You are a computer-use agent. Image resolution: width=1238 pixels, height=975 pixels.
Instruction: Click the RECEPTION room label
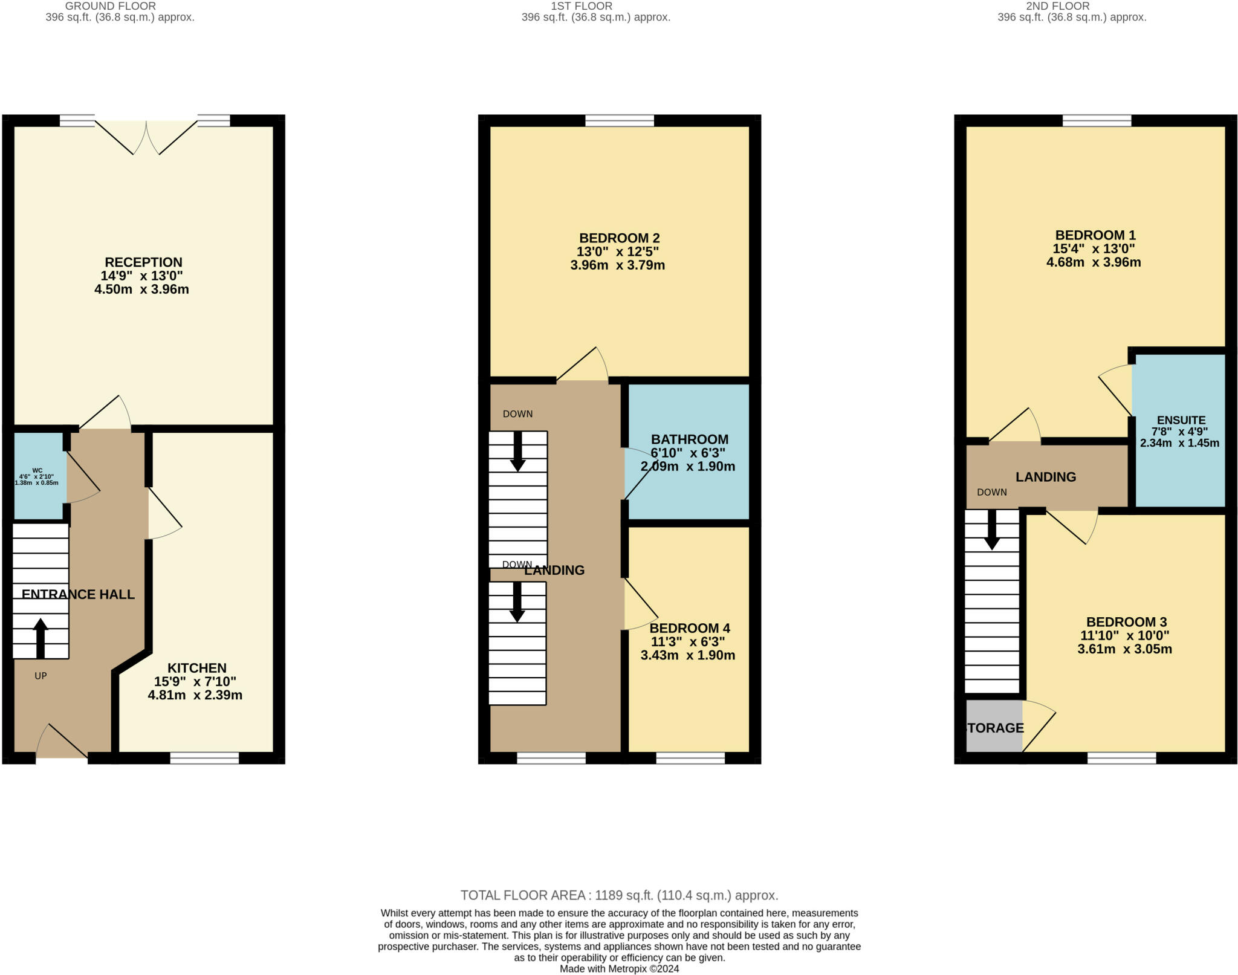pos(143,262)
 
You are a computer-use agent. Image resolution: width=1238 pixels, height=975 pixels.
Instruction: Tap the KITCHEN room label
pos(196,668)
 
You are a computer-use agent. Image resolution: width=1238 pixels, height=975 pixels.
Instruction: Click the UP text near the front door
pos(41,676)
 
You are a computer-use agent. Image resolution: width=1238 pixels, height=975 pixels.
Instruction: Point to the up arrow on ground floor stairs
pos(41,638)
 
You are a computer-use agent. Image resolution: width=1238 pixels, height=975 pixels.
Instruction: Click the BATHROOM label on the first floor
pos(689,439)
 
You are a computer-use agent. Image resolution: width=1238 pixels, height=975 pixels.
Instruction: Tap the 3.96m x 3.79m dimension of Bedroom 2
pos(617,265)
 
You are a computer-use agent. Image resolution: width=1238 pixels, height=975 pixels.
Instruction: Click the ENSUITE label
pos(1181,420)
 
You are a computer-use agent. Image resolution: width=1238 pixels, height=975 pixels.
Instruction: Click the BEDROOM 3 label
pos(1126,622)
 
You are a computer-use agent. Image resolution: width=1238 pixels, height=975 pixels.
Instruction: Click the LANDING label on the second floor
pos(1045,477)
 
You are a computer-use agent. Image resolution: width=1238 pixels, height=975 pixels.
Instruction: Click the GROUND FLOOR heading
pos(111,6)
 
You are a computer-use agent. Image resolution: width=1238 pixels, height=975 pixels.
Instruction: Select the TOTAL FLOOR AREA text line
pos(619,895)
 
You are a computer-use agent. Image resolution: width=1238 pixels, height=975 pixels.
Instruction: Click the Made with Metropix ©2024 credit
pos(619,969)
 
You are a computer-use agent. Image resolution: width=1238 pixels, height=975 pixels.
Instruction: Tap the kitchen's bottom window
pos(204,758)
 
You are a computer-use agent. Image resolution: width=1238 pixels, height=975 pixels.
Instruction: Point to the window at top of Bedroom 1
pos(1097,121)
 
